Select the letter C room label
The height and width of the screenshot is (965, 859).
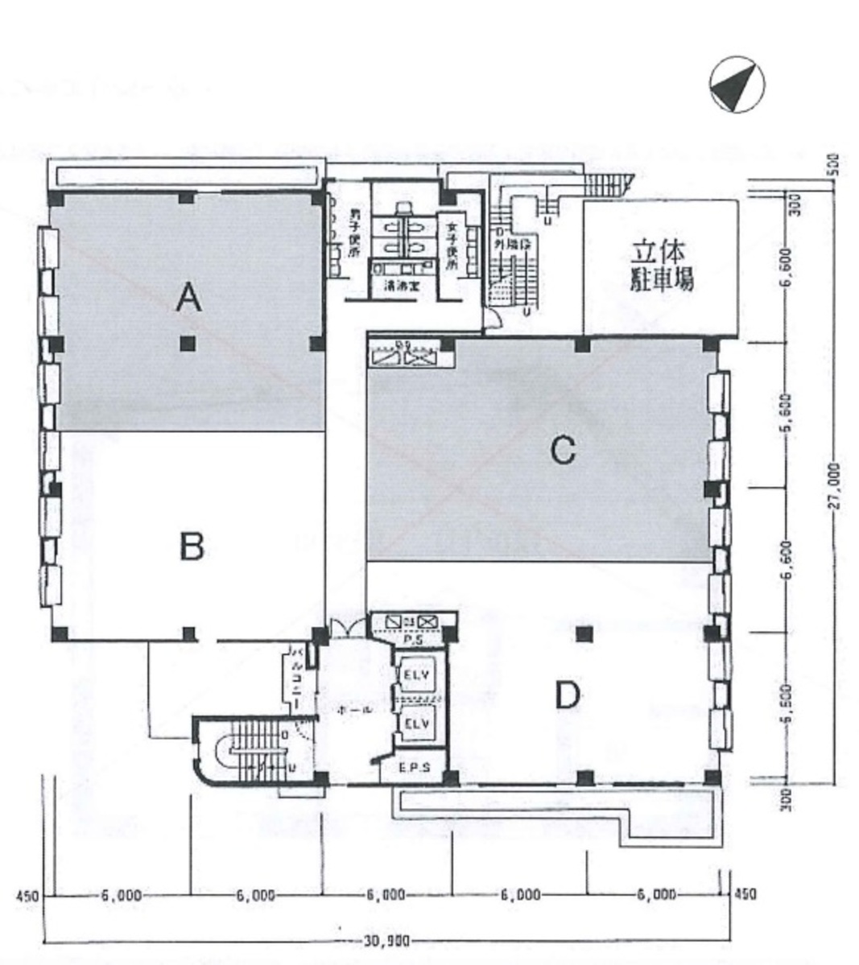(x=562, y=451)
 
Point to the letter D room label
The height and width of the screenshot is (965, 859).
(x=568, y=695)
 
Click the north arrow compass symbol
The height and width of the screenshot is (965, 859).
(x=737, y=84)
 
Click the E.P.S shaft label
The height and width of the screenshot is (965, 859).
(x=415, y=768)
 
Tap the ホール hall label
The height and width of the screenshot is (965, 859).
(x=355, y=711)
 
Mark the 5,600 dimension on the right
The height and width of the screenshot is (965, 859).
(x=788, y=412)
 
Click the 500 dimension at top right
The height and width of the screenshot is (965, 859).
(x=835, y=164)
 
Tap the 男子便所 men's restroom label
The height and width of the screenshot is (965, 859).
(x=353, y=234)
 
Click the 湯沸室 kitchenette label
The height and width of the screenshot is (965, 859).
(x=394, y=285)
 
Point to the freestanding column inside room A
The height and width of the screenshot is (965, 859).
(x=188, y=344)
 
